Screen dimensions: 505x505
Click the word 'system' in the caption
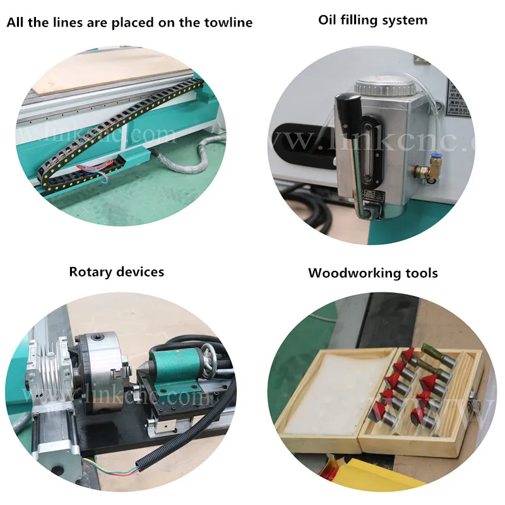coord(404,20)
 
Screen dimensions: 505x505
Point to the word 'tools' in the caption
coord(419,273)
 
